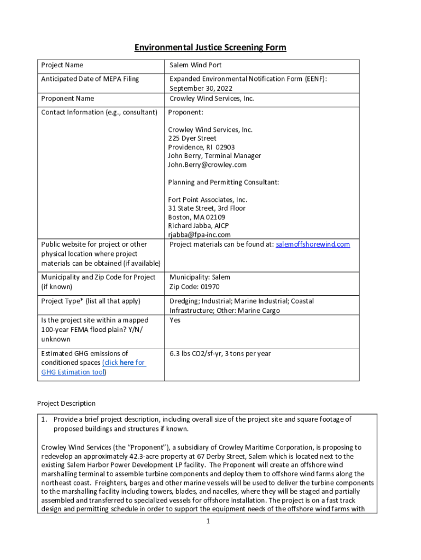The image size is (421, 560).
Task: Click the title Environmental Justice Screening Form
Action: [x=210, y=48]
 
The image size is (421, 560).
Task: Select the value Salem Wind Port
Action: [x=195, y=65]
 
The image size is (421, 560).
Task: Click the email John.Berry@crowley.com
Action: [x=207, y=165]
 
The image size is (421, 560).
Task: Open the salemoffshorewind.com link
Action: [x=313, y=244]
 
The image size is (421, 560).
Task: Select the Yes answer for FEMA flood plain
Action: [x=175, y=320]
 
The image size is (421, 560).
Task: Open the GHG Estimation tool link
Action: [x=73, y=372]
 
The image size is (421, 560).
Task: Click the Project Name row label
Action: [x=62, y=65]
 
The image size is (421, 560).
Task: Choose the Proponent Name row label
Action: [x=68, y=98]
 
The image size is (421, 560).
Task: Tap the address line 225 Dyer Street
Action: [x=192, y=138]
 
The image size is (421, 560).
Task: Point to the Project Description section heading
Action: [x=66, y=403]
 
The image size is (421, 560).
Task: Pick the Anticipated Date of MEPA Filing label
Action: [x=90, y=79]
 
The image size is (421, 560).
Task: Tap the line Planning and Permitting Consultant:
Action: [x=224, y=182]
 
